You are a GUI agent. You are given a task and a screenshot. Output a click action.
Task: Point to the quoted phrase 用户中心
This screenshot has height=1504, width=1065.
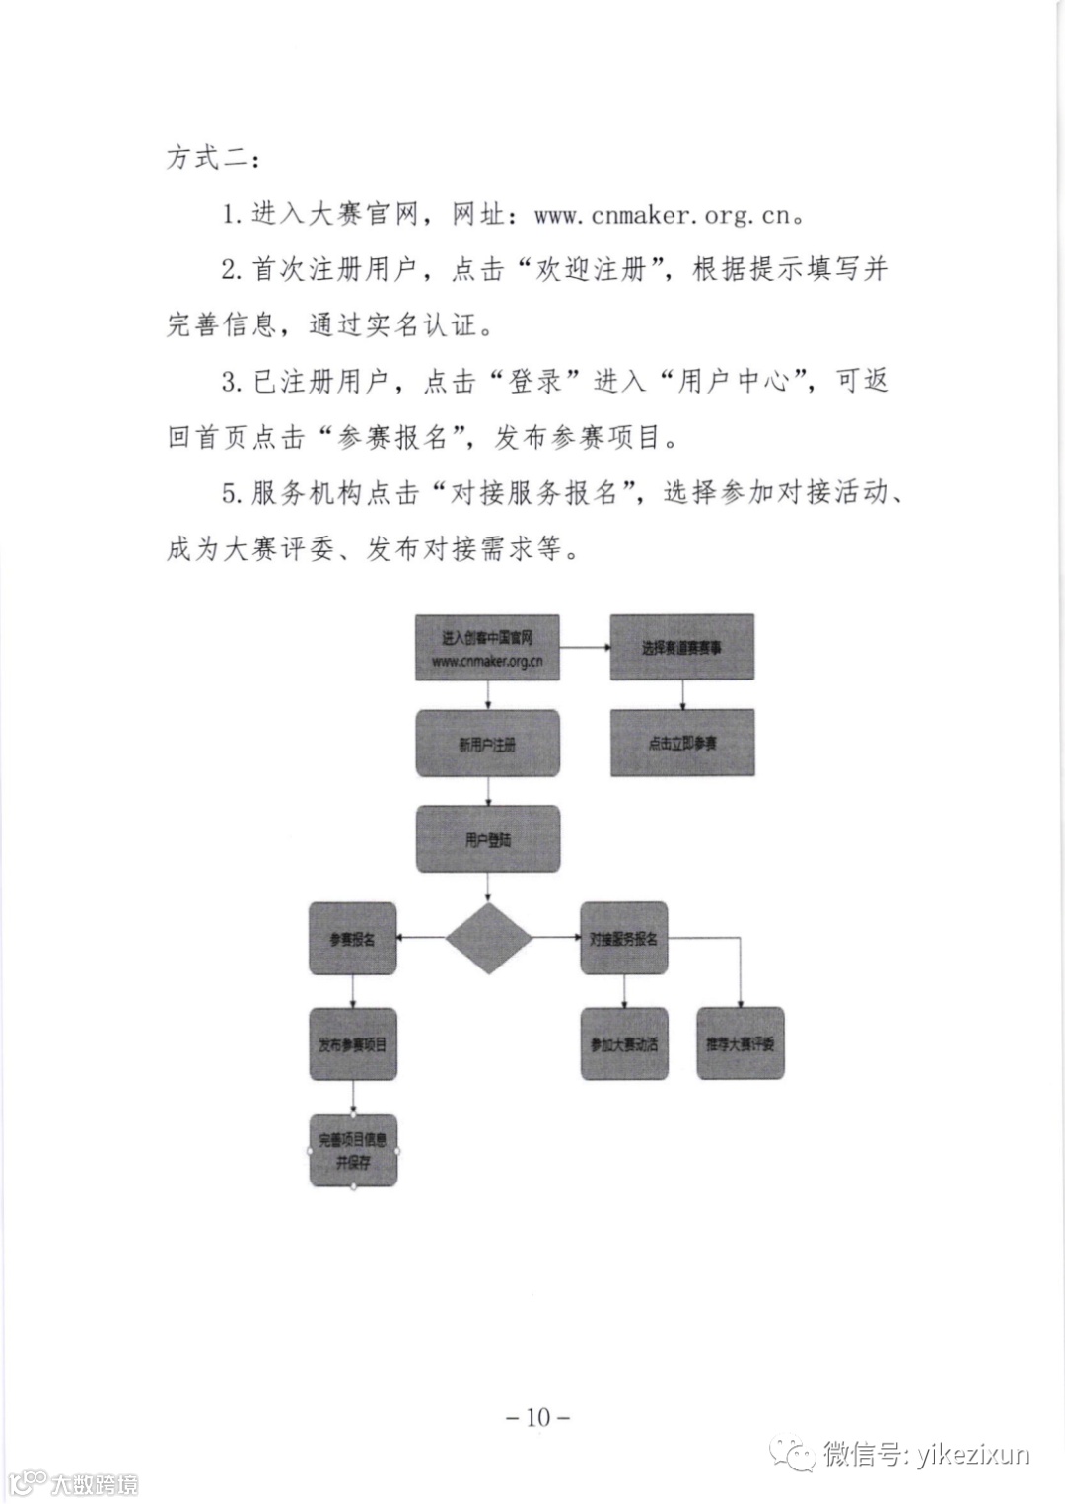click(733, 383)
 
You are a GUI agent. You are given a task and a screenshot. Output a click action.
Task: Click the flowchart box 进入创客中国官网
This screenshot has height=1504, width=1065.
click(487, 648)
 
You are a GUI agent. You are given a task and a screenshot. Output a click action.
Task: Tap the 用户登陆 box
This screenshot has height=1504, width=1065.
click(487, 839)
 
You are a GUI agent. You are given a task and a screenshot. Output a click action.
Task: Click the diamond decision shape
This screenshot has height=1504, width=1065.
click(488, 938)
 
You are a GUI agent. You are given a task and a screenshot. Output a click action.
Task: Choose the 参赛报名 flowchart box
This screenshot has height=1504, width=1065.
click(352, 939)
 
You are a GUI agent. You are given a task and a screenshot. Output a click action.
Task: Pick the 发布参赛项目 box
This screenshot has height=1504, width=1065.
click(352, 1043)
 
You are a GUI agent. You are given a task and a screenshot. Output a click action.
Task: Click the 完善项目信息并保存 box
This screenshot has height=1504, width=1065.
click(352, 1151)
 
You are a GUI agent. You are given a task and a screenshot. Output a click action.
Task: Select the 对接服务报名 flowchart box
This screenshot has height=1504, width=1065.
click(623, 939)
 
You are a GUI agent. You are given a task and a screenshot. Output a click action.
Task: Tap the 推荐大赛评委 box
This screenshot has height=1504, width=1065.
click(741, 1043)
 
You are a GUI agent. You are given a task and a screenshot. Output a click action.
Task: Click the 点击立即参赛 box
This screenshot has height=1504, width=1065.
click(682, 743)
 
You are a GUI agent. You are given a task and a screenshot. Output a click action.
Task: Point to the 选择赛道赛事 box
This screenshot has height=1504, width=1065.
click(682, 648)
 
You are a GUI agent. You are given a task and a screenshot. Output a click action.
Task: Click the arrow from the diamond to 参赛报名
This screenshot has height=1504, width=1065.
click(421, 939)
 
